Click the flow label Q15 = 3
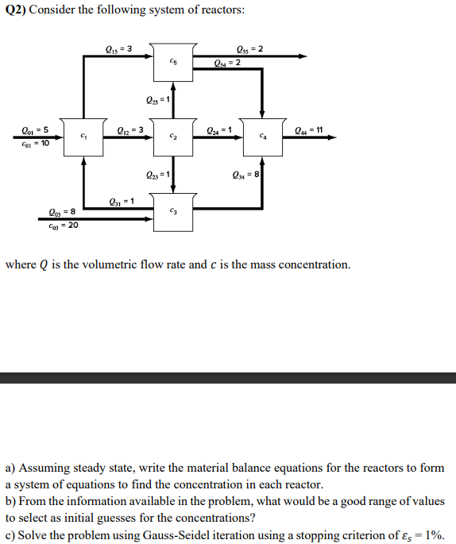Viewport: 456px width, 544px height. (118, 49)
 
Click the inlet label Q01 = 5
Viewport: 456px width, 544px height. (35, 129)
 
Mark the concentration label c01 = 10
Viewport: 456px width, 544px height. (35, 144)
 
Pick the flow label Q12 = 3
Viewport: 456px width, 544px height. (129, 129)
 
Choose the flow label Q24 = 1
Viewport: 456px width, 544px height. (218, 129)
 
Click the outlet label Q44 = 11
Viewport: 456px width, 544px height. (308, 129)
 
